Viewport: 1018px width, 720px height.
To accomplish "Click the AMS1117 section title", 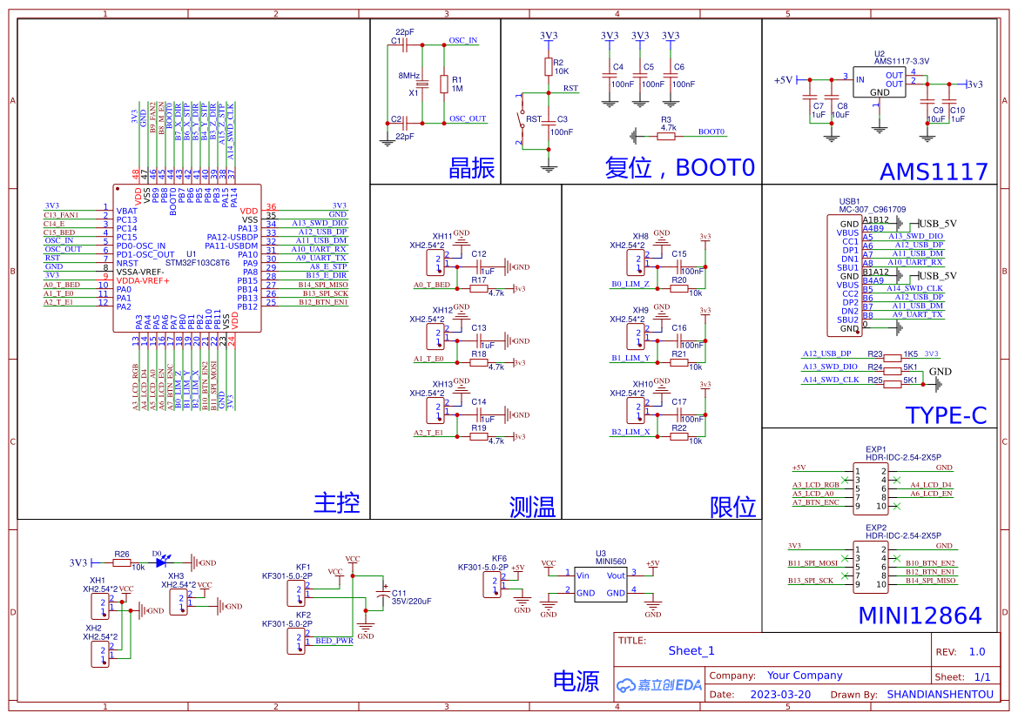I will click(934, 171).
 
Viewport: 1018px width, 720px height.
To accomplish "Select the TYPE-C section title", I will click(946, 415).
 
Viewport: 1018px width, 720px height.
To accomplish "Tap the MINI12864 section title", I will click(920, 616).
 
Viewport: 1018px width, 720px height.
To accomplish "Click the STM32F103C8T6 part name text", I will click(198, 263).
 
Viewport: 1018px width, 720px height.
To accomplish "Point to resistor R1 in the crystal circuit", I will click(444, 84).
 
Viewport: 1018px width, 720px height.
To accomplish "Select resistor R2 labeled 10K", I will click(549, 67).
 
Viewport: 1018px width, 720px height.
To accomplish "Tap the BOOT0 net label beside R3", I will click(711, 132).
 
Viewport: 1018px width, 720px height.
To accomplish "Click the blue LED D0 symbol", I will click(161, 562).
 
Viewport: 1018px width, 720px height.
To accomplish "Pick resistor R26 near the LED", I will click(122, 562).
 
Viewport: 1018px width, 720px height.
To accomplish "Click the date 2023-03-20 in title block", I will click(779, 695).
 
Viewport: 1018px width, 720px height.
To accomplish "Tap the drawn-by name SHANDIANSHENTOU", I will click(940, 695).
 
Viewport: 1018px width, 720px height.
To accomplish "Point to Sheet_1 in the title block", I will click(691, 650).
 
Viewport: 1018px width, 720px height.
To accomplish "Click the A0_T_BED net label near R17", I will click(432, 285).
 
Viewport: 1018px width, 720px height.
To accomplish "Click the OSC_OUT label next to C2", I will click(468, 118).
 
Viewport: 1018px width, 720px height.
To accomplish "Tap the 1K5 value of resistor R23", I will click(910, 354).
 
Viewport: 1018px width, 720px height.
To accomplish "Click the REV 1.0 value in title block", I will click(977, 651).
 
